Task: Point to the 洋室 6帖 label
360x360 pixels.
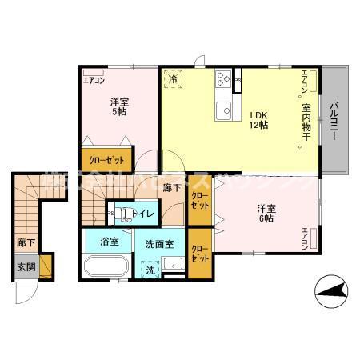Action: click(266, 214)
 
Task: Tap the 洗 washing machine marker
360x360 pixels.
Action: click(150, 270)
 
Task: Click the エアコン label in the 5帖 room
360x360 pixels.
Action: click(94, 81)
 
